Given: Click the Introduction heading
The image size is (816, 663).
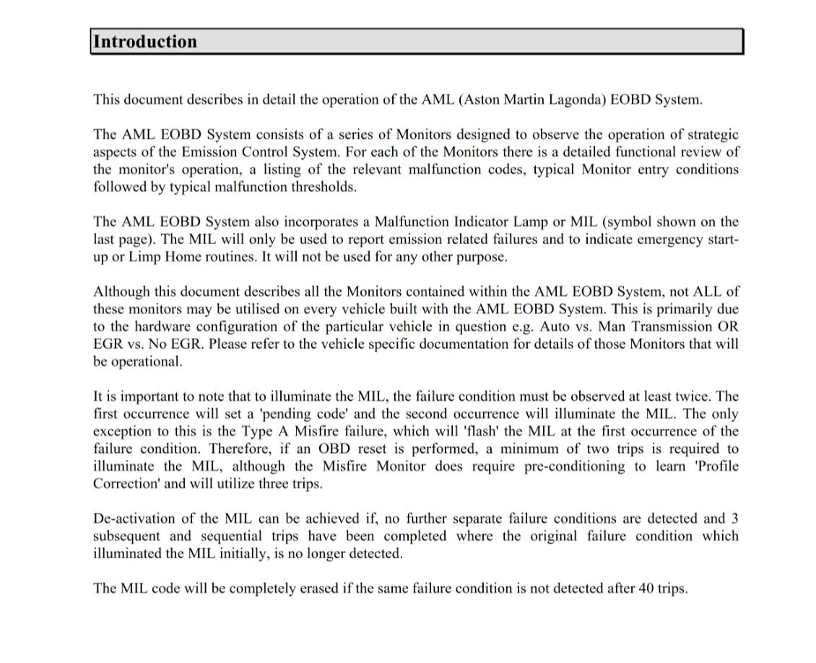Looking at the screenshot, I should (145, 42).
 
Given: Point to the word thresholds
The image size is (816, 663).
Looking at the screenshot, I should (320, 187).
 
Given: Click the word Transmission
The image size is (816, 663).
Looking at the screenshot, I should (677, 326).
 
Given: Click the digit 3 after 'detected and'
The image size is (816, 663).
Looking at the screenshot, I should (734, 519).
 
